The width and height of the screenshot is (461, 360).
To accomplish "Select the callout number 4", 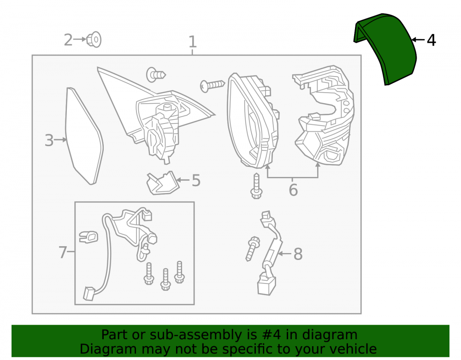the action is [x=431, y=40].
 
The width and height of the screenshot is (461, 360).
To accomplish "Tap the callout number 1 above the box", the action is [x=192, y=41].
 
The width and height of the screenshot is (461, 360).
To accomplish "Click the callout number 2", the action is [x=68, y=40].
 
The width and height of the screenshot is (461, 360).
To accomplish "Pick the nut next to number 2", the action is [x=94, y=39].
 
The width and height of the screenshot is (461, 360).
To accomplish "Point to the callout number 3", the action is [x=49, y=140].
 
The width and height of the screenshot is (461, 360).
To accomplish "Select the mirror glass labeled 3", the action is [x=84, y=136].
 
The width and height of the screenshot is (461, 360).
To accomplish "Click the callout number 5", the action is [x=196, y=180].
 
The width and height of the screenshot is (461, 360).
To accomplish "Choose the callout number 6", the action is [x=293, y=190].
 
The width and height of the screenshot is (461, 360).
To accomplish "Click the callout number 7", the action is [x=63, y=252].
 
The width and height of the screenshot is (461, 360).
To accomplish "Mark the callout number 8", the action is [x=298, y=254].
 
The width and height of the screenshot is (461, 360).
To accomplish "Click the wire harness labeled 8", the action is [x=270, y=253].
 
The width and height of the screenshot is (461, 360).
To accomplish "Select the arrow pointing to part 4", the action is [x=419, y=40].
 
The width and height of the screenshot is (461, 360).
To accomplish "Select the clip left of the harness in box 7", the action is [x=89, y=237].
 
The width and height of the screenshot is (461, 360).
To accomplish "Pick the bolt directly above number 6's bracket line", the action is [x=256, y=186].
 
